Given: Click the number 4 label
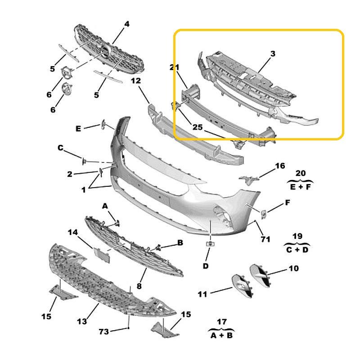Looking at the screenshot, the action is pyautogui.click(x=127, y=24).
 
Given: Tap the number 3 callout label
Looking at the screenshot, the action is pyautogui.click(x=273, y=54).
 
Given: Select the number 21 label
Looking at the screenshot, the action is pyautogui.click(x=174, y=67).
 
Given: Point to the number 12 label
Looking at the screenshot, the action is pyautogui.click(x=136, y=81).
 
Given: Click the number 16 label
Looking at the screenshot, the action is pyautogui.click(x=280, y=166).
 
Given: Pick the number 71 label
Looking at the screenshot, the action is pyautogui.click(x=265, y=239).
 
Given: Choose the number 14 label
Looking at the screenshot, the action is pyautogui.click(x=73, y=232).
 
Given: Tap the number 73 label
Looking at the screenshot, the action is pyautogui.click(x=104, y=332).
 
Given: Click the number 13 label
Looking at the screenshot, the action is pyautogui.click(x=82, y=321).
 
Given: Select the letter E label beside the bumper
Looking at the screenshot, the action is pyautogui.click(x=78, y=129).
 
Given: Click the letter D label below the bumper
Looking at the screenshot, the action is pyautogui.click(x=206, y=266).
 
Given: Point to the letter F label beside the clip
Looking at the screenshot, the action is pyautogui.click(x=288, y=202).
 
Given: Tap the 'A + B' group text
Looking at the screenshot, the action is pyautogui.click(x=222, y=335).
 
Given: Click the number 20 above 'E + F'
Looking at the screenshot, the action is pyautogui.click(x=301, y=173).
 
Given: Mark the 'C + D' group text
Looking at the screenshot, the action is pyautogui.click(x=297, y=250).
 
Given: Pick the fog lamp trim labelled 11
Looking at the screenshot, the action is pyautogui.click(x=243, y=286).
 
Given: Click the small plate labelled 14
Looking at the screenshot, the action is pyautogui.click(x=102, y=255).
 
